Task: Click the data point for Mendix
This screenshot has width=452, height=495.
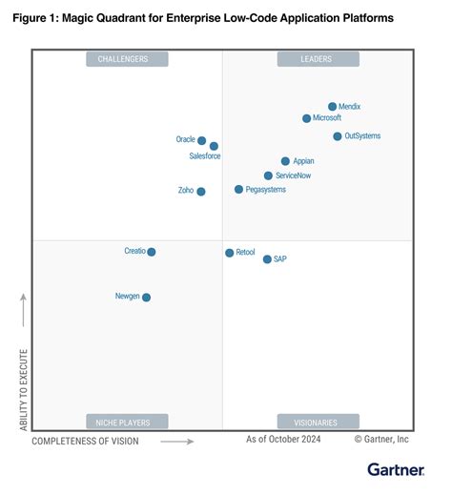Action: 332,107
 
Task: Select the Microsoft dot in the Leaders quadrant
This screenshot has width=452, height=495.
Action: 306,118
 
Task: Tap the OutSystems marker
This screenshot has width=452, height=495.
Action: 338,136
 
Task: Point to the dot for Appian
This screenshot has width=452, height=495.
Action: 285,161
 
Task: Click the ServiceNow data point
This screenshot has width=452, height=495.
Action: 268,175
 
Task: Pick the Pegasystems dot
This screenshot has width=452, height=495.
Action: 238,190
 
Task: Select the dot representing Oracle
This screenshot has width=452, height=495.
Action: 201,140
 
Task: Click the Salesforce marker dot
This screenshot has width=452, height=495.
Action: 214,146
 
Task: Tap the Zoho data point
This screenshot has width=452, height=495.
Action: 200,191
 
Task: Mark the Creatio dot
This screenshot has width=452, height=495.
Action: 152,252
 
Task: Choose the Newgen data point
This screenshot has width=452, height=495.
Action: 146,298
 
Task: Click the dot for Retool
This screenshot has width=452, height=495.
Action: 229,253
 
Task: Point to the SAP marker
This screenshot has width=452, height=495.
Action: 267,258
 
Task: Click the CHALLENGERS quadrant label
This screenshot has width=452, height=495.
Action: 127,59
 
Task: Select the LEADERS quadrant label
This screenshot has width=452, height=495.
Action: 318,59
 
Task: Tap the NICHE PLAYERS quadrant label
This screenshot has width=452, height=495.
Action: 127,422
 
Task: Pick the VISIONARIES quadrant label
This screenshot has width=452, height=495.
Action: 318,422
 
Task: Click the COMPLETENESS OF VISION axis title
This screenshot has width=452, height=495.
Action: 85,441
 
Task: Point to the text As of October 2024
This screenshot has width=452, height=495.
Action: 283,440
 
